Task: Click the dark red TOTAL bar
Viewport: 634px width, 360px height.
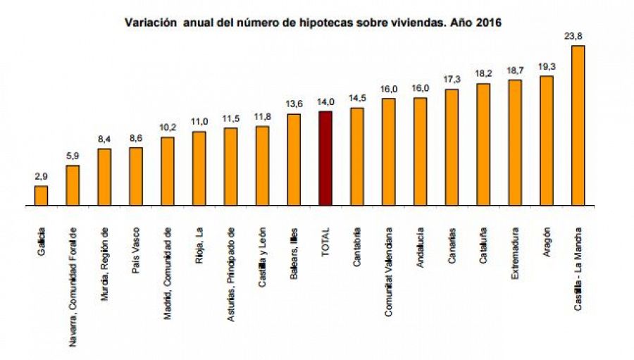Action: (325, 159)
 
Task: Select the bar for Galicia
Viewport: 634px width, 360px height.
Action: (42, 196)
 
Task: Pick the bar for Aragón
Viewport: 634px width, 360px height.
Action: (546, 141)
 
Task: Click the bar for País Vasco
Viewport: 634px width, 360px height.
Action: (136, 176)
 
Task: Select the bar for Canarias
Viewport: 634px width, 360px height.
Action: (452, 147)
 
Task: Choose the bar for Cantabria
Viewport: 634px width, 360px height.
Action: (357, 156)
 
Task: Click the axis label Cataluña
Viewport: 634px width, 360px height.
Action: (484, 246)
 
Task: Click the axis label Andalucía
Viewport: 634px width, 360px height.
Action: (421, 247)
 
